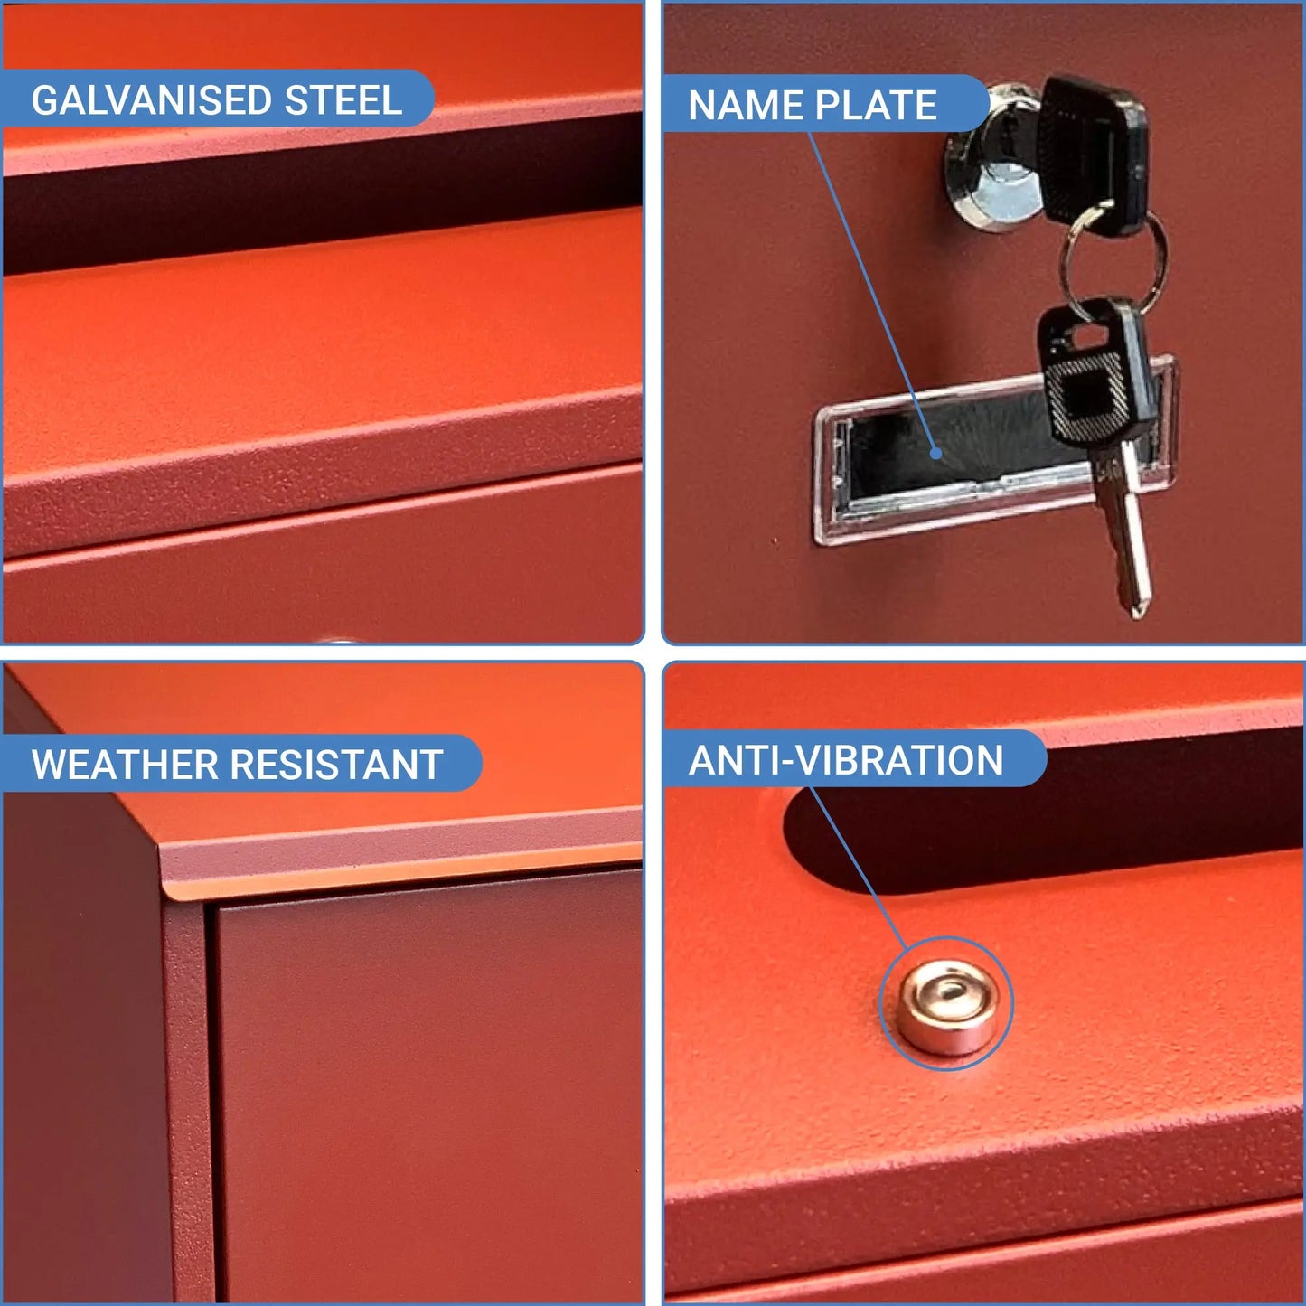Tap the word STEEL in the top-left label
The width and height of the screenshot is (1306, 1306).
[x=343, y=99]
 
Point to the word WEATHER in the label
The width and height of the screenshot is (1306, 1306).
[x=124, y=765]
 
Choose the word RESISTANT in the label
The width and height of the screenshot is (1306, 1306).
[x=337, y=765]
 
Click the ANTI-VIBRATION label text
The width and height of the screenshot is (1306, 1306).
[x=846, y=760]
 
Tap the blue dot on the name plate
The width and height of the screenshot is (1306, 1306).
[x=936, y=454]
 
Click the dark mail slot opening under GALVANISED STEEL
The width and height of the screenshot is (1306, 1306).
[x=323, y=196]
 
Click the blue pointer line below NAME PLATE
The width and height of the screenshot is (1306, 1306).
[x=872, y=292]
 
